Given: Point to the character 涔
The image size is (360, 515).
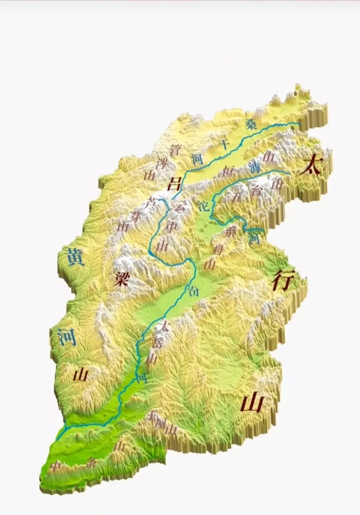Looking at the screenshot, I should click(161, 163).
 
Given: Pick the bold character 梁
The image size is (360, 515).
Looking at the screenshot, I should click(120, 278).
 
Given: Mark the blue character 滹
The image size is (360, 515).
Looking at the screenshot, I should click(254, 165).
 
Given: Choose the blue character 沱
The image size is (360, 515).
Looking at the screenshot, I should click(204, 206).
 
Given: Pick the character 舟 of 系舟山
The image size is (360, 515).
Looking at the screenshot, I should click(219, 249).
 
